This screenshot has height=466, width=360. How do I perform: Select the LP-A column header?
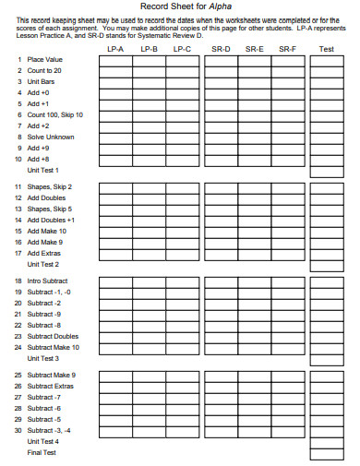coord(115,48)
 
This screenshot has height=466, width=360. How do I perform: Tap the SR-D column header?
coord(220,48)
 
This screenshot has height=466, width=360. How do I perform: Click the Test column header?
coord(326,48)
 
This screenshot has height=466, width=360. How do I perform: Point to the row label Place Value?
coord(44,59)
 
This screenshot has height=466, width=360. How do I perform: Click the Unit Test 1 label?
coord(43,170)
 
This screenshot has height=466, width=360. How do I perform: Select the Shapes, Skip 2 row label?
coord(50,187)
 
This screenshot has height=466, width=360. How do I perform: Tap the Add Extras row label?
coord(44,254)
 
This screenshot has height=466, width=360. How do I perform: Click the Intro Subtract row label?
coord(47,281)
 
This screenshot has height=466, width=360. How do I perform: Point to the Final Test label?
coord(42,453)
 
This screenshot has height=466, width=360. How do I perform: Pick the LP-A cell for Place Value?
coord(115,59)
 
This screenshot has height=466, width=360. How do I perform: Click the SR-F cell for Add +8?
coord(288,159)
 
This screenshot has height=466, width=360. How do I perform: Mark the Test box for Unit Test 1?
coord(326,170)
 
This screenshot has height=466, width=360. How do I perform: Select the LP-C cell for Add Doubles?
coord(183,198)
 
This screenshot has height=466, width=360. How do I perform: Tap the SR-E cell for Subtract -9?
coord(254,314)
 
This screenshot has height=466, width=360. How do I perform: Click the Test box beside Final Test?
coord(326,453)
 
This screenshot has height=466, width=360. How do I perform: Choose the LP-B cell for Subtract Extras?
coord(149,387)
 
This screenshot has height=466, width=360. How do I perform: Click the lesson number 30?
coord(18,431)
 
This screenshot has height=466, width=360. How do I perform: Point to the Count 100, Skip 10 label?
coord(55,114)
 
